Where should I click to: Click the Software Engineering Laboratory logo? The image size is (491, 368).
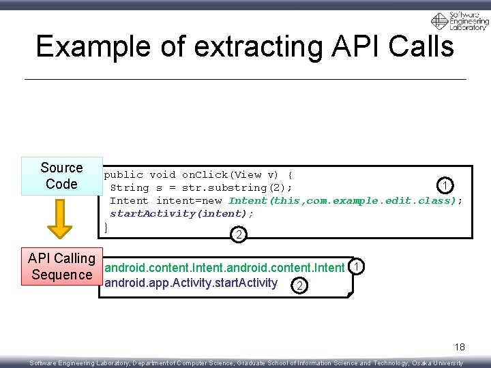click(459, 21)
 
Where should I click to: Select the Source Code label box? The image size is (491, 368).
click(61, 176)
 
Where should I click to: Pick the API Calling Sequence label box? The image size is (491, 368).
click(61, 266)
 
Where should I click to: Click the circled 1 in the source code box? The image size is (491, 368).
click(445, 185)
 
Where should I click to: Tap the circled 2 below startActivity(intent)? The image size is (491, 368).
click(239, 235)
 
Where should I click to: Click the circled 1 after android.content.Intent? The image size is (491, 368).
click(355, 266)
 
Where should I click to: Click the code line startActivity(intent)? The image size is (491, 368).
click(182, 213)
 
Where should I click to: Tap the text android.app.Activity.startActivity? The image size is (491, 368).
click(192, 283)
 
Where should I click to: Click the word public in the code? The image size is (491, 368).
click(123, 174)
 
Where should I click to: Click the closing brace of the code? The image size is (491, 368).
click(106, 226)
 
